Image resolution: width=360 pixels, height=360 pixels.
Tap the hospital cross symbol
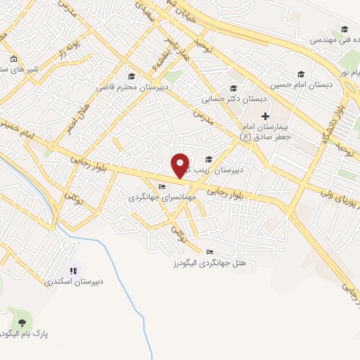pyautogui.click(x=265, y=115)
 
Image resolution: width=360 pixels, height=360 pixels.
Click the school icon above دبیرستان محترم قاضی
pyautogui.click(x=131, y=77)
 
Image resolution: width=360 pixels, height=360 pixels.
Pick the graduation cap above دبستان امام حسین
pyautogui.click(x=301, y=74)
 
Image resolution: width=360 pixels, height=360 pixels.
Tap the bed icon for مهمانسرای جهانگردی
pyautogui.click(x=162, y=187)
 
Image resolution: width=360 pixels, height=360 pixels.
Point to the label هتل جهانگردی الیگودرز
pyautogui.click(x=210, y=263)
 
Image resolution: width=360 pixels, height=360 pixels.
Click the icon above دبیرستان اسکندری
pyautogui.click(x=72, y=270)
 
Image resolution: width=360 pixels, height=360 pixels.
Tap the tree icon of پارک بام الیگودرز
pyautogui.click(x=22, y=322)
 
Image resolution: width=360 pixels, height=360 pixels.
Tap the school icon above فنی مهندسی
pyautogui.click(x=345, y=29)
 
